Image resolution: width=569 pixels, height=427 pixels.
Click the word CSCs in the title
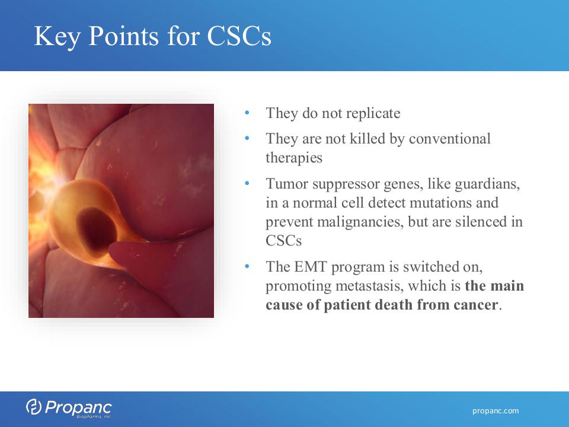tap(239, 36)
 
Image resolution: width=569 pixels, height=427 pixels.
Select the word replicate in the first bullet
tap(373, 114)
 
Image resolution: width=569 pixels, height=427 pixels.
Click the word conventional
tap(450, 139)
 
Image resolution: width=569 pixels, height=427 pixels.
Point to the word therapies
tap(294, 158)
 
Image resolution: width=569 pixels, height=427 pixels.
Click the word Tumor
tap(287, 184)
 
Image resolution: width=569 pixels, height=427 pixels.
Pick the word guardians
tap(487, 184)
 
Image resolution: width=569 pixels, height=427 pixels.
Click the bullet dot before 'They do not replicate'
tap(247, 113)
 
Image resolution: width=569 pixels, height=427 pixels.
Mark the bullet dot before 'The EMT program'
tap(247, 266)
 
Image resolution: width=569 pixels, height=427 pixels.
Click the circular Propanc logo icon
tap(34, 406)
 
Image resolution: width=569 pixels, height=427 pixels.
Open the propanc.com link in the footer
tap(496, 410)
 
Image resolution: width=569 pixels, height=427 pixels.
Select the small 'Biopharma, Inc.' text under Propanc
tap(94, 417)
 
